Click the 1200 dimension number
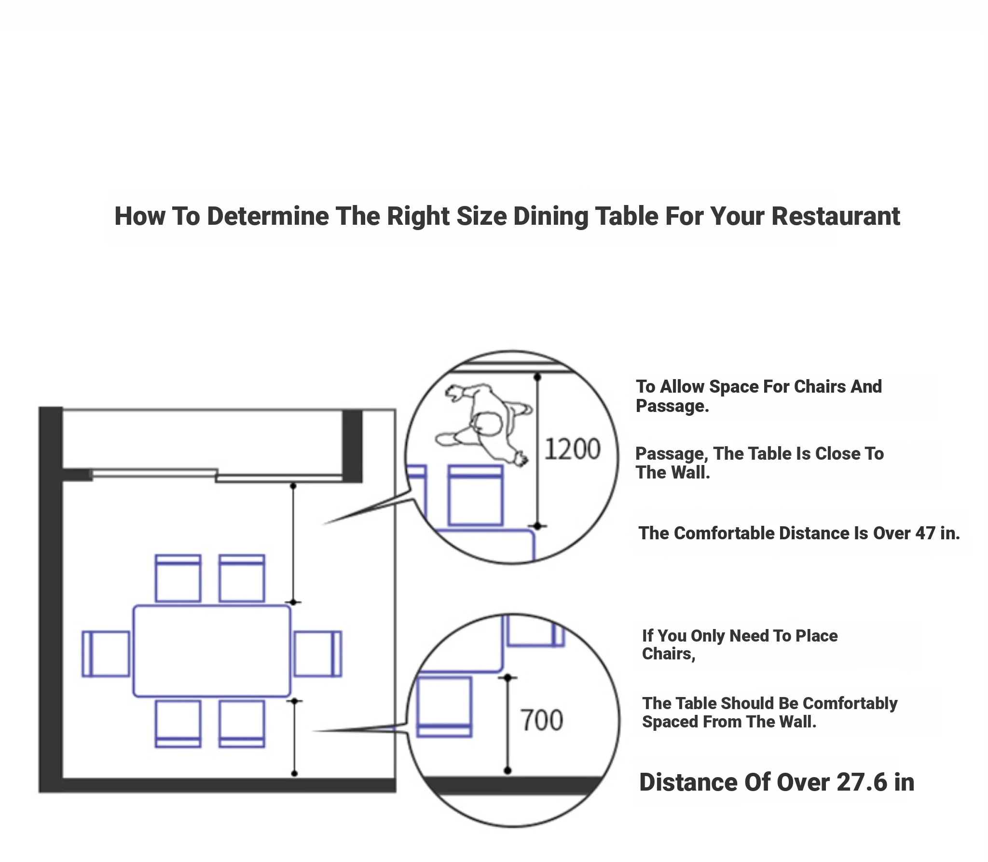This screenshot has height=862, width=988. (x=572, y=449)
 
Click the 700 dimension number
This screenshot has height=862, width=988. (x=542, y=720)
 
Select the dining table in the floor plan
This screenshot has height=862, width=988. (x=212, y=651)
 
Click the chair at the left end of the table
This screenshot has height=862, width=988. (x=106, y=654)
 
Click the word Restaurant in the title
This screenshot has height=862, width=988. (x=836, y=216)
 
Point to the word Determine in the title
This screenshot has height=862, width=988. (x=268, y=216)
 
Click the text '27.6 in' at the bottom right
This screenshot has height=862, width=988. (x=876, y=782)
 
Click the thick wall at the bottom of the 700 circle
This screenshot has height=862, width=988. (x=512, y=785)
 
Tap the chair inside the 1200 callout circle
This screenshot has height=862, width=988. (x=476, y=495)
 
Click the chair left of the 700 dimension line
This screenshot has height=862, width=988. (x=444, y=707)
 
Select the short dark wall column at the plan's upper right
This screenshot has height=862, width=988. (x=352, y=446)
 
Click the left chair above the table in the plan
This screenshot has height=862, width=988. (x=178, y=578)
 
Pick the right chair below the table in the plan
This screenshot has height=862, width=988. (x=242, y=724)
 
